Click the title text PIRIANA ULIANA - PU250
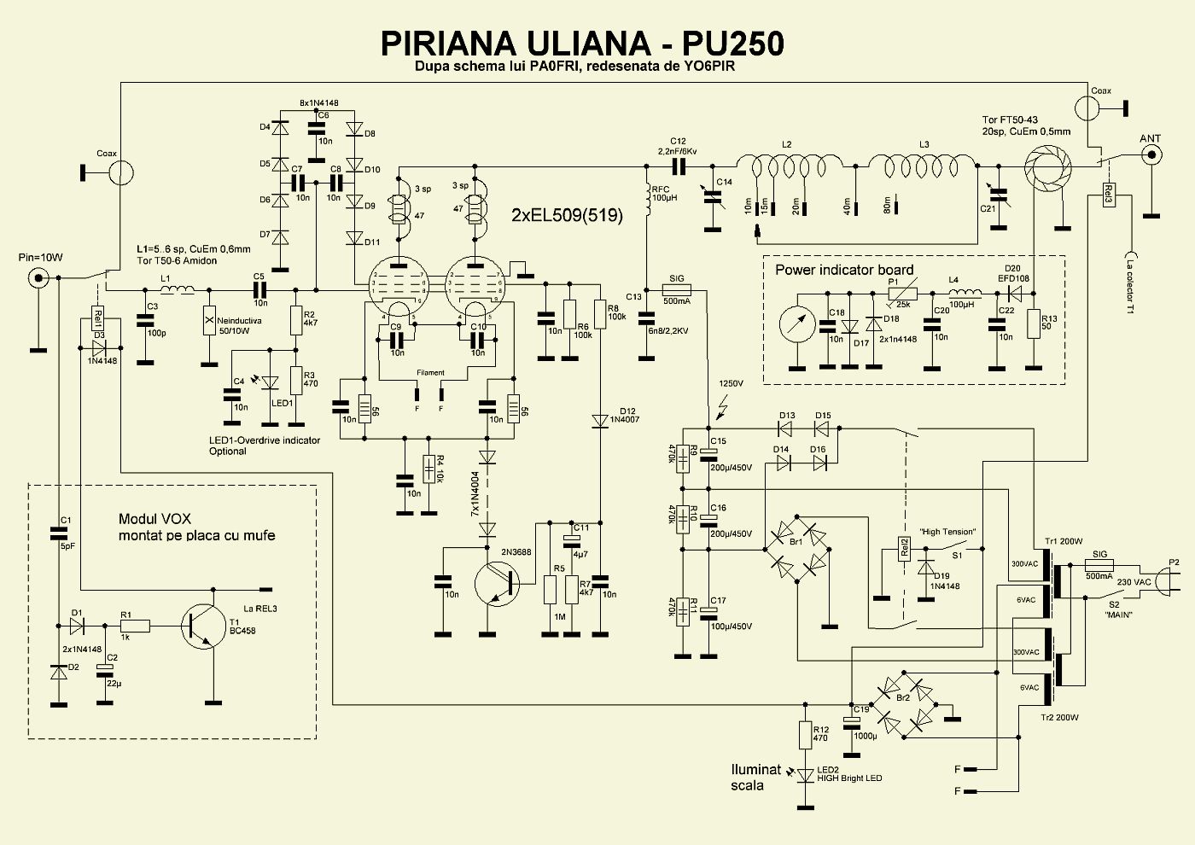point(581,43)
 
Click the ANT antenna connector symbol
point(1151,154)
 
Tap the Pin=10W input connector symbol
point(38,277)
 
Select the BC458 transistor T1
point(201,627)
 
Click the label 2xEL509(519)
point(568,215)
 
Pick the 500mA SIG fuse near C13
point(677,290)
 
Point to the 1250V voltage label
point(732,384)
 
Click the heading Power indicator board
point(844,270)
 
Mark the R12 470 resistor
point(805,734)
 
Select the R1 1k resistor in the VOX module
point(135,626)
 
